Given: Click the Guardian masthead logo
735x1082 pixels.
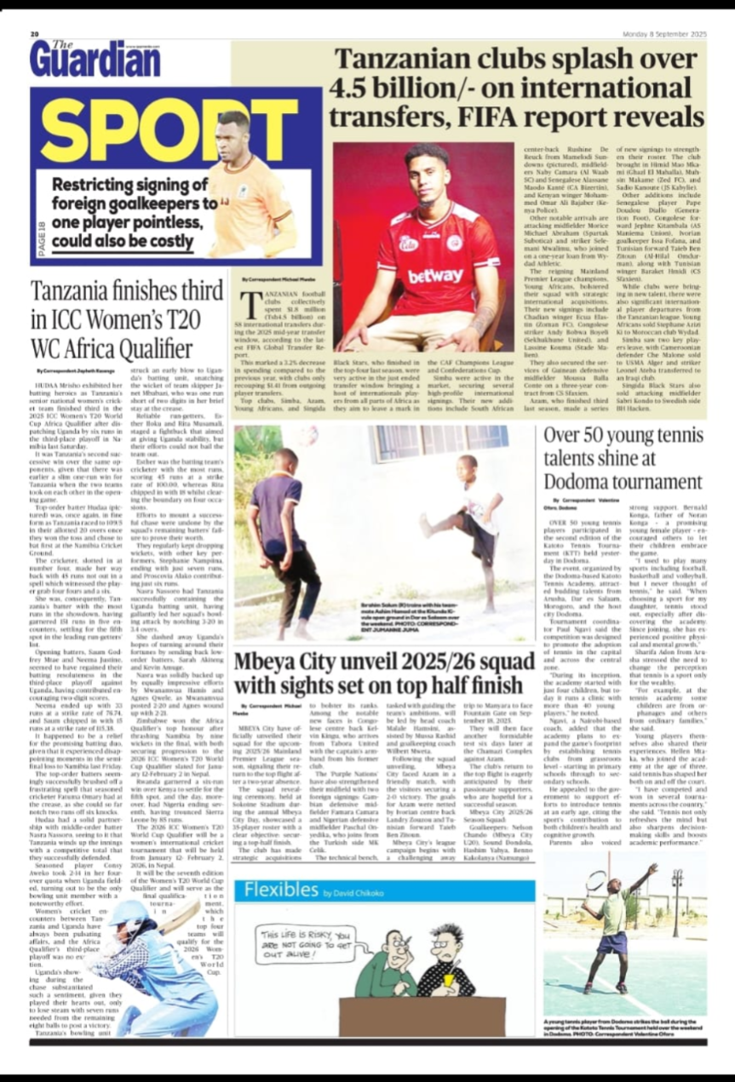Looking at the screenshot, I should click(x=95, y=59).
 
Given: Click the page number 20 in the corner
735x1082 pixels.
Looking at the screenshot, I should click(x=35, y=34).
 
